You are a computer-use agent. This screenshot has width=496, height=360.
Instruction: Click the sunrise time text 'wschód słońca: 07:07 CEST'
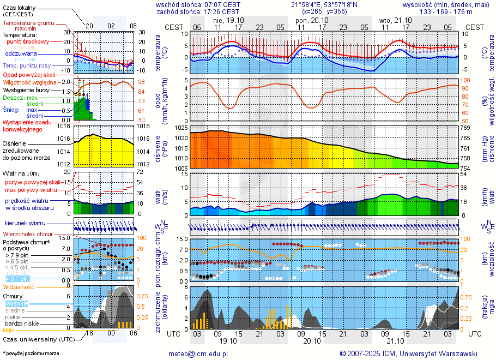click(198, 4)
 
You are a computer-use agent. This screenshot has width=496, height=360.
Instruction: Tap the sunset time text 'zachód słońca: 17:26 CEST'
click(198, 11)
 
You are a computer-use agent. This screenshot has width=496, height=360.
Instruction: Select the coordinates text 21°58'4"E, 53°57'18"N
click(324, 4)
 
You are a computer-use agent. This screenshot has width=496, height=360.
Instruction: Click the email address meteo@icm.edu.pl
click(198, 353)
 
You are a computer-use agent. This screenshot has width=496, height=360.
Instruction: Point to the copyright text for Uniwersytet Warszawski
click(409, 353)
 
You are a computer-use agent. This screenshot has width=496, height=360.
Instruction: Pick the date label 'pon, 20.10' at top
click(309, 20)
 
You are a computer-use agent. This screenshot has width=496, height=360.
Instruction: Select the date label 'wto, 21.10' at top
click(391, 20)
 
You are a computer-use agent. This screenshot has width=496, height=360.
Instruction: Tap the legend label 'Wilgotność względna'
click(30, 82)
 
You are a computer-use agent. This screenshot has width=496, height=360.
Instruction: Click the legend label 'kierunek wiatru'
click(26, 224)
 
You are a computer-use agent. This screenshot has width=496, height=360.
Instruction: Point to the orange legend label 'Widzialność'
click(19, 286)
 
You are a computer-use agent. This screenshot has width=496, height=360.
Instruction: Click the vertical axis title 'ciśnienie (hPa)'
click(161, 148)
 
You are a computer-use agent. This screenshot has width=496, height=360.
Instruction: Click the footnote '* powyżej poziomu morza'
click(31, 353)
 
